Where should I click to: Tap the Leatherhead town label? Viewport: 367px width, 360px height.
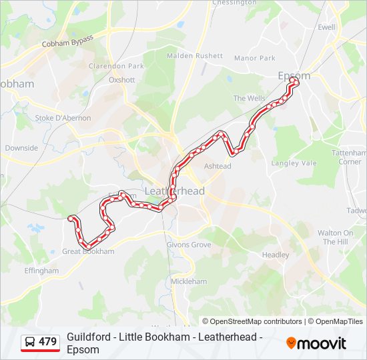click(x=175, y=191)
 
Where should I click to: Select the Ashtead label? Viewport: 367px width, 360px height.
click(x=218, y=166)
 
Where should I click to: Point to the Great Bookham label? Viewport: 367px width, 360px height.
click(x=88, y=251)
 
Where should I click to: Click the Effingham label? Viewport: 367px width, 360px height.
click(x=42, y=271)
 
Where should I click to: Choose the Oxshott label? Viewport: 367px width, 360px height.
click(x=122, y=80)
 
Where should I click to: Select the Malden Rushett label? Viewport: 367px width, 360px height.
click(x=195, y=56)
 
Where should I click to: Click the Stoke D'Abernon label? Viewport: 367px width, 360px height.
click(x=63, y=118)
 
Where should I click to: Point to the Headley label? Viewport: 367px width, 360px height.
click(x=276, y=255)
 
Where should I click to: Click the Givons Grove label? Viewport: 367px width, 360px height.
click(x=189, y=245)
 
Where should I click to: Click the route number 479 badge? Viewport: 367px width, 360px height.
click(x=47, y=342)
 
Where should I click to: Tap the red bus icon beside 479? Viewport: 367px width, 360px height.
click(x=31, y=342)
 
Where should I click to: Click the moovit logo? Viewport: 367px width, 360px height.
click(x=316, y=343)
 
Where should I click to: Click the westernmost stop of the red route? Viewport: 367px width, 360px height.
click(x=71, y=217)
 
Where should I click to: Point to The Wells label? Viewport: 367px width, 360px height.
click(x=249, y=98)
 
